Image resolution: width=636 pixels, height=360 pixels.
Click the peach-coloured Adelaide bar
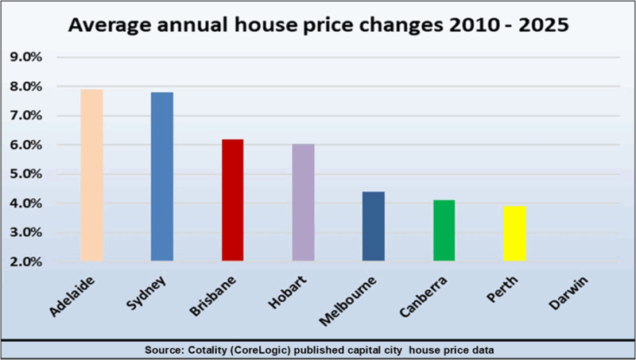[91, 175]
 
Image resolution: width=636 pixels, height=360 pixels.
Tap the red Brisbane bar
[232, 200]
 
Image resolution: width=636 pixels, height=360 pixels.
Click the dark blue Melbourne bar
[374, 226]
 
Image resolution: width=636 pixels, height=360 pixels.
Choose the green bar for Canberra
[444, 230]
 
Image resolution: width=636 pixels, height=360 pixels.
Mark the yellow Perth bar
[514, 234]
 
